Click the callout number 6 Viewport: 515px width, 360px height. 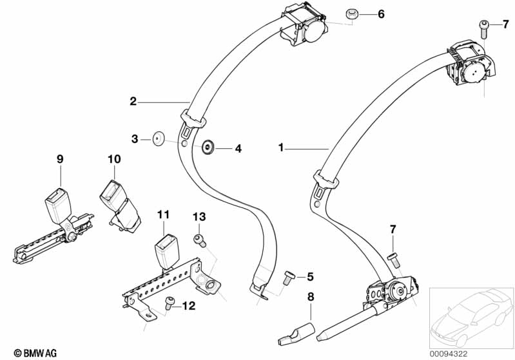click(x=381, y=14)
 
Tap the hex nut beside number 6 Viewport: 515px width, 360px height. click(x=352, y=14)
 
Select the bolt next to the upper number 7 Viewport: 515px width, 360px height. click(x=484, y=29)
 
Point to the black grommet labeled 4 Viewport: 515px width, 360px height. click(x=208, y=147)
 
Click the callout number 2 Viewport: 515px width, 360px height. click(x=133, y=101)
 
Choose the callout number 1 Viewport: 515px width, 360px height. click(x=280, y=147)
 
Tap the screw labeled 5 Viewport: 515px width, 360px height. click(x=288, y=278)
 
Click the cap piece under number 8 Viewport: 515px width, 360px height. click(x=296, y=333)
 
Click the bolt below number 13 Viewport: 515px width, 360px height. click(x=200, y=241)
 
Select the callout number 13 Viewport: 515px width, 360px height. click(x=199, y=216)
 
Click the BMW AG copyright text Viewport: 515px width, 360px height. click(x=35, y=353)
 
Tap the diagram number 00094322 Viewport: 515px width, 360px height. click(x=449, y=354)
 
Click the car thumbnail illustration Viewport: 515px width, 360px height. click(x=471, y=318)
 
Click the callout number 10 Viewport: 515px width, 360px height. click(x=114, y=159)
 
